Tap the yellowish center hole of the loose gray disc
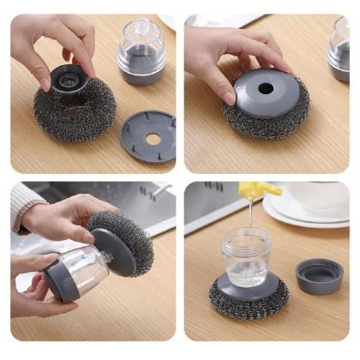[x=151, y=137]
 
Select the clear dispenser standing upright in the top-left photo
[x=141, y=51]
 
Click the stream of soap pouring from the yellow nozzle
[x=250, y=214]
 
